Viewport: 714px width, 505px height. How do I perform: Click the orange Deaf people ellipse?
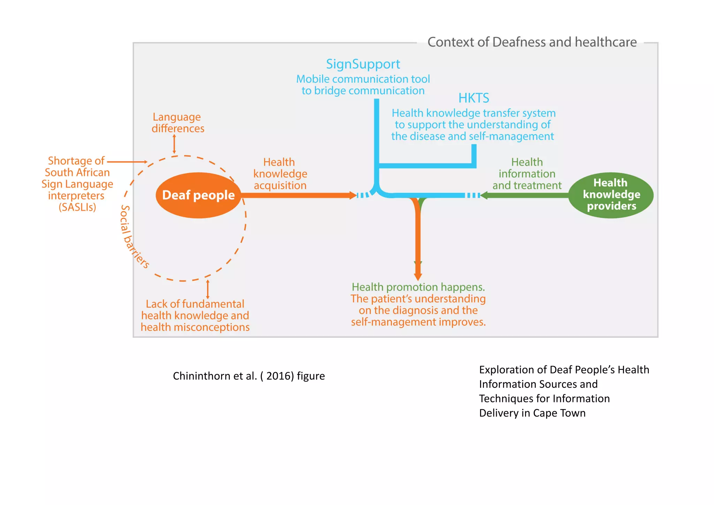point(198,195)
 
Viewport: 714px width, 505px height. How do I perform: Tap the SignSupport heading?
point(363,64)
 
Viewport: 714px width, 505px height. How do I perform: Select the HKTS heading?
point(473,98)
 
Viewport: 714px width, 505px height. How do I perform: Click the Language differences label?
point(177,123)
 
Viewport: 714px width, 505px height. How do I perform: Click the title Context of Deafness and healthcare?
point(532,42)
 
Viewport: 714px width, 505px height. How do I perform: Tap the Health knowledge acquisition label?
point(280,174)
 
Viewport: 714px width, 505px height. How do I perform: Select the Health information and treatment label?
point(527,174)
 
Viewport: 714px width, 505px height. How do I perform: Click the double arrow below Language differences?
point(174,144)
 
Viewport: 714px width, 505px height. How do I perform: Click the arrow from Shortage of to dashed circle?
point(127,162)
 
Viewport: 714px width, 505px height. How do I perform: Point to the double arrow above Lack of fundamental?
point(208,289)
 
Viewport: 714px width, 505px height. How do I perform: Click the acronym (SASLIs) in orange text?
point(77,207)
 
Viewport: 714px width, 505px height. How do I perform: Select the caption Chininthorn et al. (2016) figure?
point(249,376)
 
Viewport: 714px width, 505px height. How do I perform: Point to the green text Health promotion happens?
point(418,287)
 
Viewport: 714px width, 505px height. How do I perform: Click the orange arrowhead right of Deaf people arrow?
point(353,195)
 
